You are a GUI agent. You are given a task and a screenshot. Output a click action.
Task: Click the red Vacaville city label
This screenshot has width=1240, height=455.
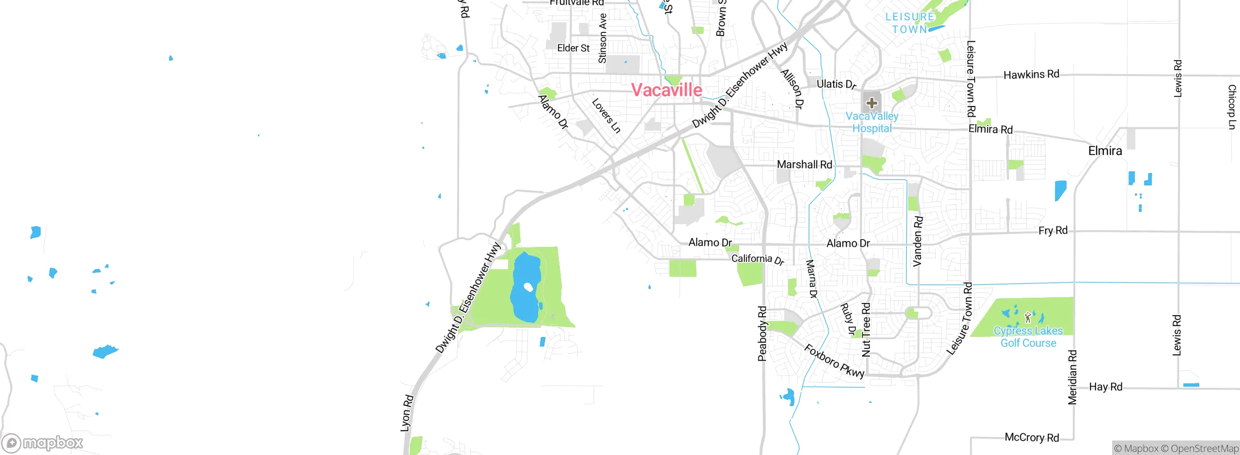point(666,90)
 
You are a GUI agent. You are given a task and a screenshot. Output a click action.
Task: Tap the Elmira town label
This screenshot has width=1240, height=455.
point(1105,151)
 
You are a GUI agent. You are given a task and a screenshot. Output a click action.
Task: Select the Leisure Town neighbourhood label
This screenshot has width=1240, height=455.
point(910,23)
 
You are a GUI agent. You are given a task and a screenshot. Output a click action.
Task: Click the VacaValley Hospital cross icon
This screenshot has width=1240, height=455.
point(872,103)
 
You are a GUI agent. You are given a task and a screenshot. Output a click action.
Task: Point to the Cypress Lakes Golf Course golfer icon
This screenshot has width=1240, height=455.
point(1028,318)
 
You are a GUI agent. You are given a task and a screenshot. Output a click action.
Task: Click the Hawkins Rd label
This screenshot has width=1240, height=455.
point(1031,75)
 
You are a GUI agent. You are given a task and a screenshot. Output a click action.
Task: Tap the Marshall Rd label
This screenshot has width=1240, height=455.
point(805,165)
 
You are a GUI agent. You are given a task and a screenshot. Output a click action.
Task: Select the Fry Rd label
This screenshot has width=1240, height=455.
point(1053,230)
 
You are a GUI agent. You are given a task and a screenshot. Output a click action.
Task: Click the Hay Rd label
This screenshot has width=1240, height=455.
point(1105,387)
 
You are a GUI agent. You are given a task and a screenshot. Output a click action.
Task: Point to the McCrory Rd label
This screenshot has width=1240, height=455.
point(1032,438)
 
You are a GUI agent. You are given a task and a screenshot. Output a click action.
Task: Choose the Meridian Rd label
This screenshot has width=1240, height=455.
point(1072,377)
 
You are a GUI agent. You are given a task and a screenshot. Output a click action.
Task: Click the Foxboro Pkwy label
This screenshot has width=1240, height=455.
point(834,361)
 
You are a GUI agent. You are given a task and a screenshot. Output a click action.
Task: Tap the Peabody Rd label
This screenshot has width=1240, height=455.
point(762,334)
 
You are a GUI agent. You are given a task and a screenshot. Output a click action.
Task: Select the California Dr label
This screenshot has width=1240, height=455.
point(758,259)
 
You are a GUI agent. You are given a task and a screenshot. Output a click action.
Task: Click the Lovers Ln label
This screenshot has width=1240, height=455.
point(606,116)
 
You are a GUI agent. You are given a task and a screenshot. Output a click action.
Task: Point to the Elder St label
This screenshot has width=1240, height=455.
point(573,48)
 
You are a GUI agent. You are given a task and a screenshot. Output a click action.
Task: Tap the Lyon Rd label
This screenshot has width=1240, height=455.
point(407,413)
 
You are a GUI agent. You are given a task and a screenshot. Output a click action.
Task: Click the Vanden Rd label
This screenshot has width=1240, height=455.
point(917,241)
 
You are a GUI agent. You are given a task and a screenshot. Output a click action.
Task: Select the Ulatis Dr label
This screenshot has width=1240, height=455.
point(836,84)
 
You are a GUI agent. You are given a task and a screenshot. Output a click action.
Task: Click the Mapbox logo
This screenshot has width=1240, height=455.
point(43,442)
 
